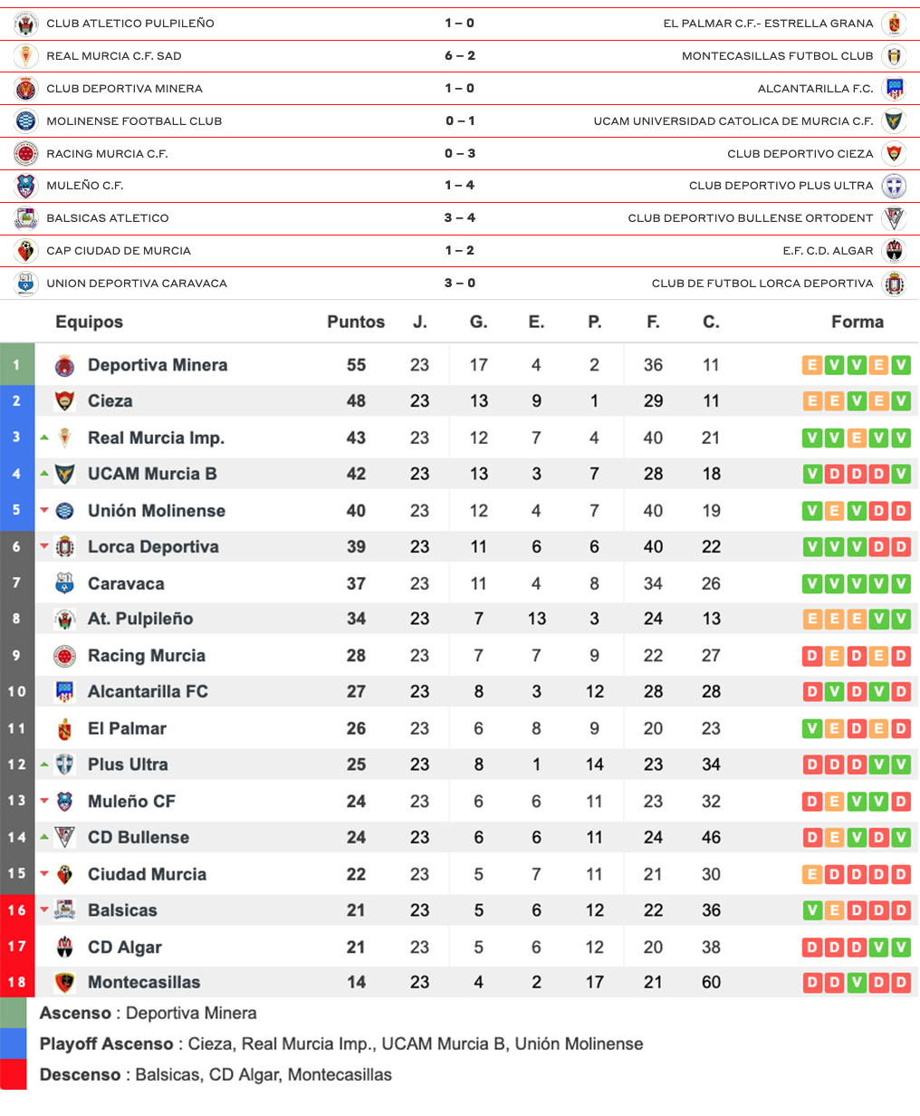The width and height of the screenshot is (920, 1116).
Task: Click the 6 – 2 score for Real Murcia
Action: tap(460, 56)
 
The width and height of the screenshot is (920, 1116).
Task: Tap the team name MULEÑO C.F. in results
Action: tap(85, 186)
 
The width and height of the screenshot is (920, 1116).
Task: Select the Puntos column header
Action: tap(356, 322)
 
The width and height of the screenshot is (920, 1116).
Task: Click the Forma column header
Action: tap(857, 322)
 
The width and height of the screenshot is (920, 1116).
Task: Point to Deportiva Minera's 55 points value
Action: tap(356, 365)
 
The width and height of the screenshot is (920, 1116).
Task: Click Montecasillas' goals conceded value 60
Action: tap(711, 982)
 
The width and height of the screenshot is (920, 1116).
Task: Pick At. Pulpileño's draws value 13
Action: tap(536, 619)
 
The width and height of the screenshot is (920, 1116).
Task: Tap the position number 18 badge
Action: tap(16, 982)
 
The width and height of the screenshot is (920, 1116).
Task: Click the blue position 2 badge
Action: tap(16, 401)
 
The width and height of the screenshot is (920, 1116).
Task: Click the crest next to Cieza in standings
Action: tap(64, 401)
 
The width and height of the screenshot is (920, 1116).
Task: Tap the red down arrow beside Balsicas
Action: tap(44, 909)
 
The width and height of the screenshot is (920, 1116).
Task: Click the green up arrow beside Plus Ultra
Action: tap(44, 765)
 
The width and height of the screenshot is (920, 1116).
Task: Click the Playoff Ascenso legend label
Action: tap(106, 1044)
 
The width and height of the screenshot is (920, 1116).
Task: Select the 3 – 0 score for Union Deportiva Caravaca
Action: tap(460, 284)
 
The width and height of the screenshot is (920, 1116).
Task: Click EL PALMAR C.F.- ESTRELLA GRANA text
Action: tap(768, 24)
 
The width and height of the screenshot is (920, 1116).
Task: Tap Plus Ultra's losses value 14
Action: tap(594, 765)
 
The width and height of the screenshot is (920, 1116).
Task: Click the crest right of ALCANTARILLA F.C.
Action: tap(894, 89)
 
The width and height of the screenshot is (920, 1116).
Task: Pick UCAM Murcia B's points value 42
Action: tap(356, 474)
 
